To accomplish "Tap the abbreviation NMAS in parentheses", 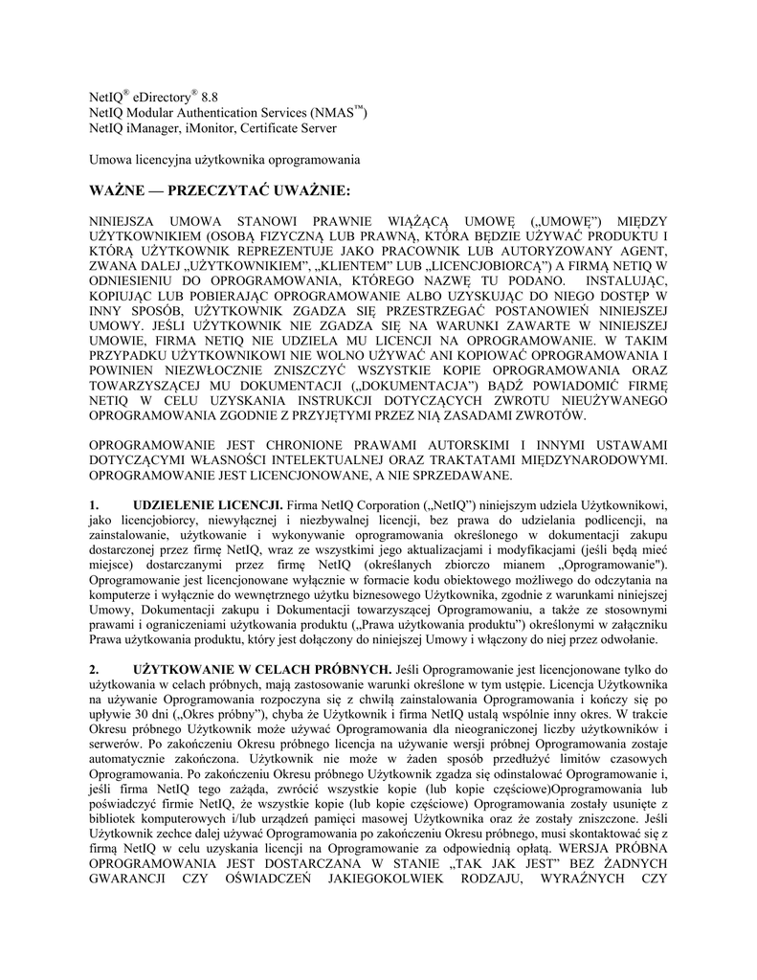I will click(336, 113).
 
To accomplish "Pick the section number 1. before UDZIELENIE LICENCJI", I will click(94, 504).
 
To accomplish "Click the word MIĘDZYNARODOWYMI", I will click(591, 460).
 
